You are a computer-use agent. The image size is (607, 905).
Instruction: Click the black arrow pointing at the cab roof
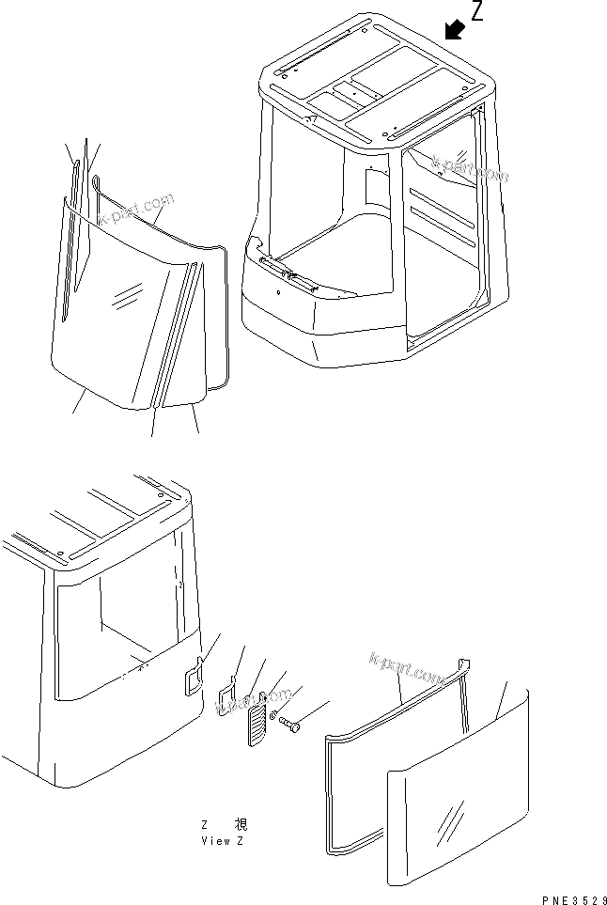[455, 30]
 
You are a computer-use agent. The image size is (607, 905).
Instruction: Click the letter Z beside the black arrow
[477, 12]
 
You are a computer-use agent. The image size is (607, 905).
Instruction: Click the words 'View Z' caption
[222, 841]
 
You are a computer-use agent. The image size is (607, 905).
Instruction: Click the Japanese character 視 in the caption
[237, 825]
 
